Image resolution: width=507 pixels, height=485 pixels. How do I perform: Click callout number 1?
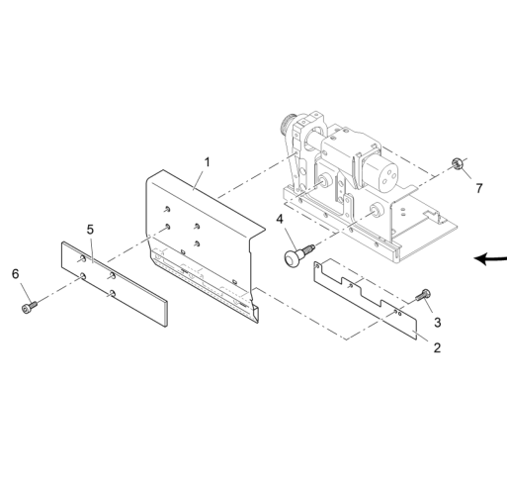pos(207,162)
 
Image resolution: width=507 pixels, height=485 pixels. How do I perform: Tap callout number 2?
pos(437,347)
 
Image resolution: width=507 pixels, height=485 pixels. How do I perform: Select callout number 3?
pos(437,322)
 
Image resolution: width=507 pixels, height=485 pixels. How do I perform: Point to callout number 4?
pos(280,219)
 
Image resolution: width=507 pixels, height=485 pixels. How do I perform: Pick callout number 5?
pos(90,230)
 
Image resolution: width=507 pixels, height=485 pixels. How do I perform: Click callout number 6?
pos(16,273)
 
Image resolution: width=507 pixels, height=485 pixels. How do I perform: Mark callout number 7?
pos(479,188)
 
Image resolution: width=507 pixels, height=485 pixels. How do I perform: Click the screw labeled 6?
pos(29,307)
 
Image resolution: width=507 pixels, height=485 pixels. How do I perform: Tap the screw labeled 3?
pos(423,295)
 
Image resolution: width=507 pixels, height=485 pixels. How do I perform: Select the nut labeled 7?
pos(458,163)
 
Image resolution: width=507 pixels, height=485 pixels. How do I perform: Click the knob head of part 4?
pos(292,258)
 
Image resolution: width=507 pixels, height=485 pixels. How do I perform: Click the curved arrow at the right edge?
pos(490,258)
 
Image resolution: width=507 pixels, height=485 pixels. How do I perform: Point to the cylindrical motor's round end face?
pos(388,175)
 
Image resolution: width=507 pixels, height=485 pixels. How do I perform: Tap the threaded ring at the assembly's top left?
pos(288,124)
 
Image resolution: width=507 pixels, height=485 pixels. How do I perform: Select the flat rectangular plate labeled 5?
pos(115,284)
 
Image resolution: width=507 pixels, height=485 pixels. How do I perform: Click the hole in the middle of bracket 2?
pos(351,285)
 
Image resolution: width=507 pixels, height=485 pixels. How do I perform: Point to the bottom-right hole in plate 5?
pos(113,293)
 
